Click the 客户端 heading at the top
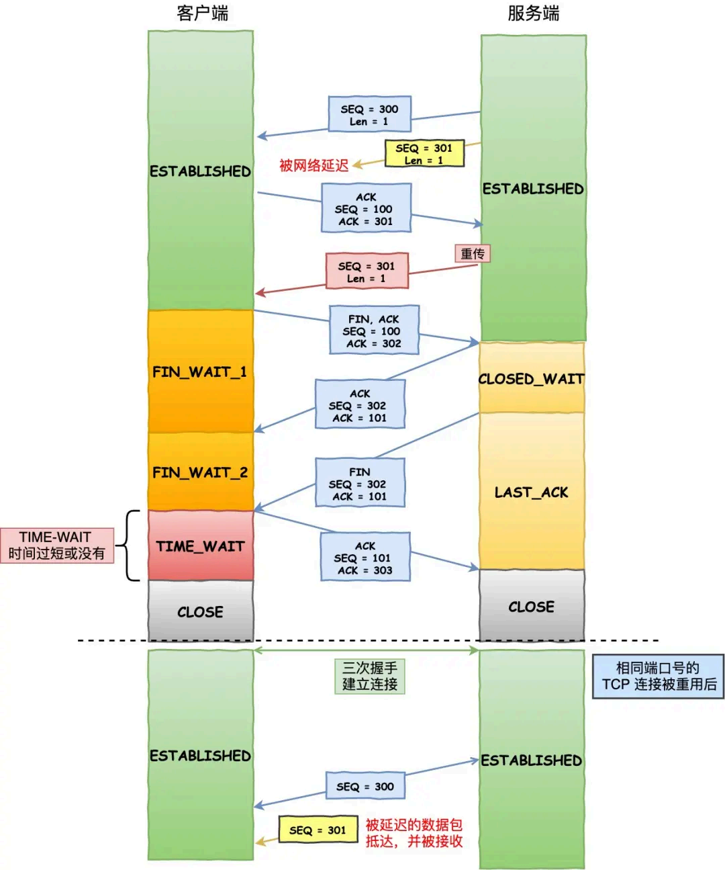202,13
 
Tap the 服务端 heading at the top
533,13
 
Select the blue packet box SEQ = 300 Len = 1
369,114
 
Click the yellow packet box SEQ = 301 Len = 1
424,154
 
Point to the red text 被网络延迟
313,165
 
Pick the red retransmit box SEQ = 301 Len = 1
367,271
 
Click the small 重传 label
472,254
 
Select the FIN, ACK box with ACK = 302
374,330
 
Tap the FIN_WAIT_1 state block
200,372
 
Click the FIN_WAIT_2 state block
200,472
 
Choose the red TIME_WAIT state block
200,546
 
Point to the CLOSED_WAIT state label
531,379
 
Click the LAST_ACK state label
531,492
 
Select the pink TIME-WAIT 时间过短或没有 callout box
56,545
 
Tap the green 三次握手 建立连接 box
369,676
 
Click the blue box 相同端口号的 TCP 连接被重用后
658,677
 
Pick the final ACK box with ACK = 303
365,558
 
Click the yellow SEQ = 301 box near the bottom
317,830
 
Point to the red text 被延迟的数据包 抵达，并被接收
414,833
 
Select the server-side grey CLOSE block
531,606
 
